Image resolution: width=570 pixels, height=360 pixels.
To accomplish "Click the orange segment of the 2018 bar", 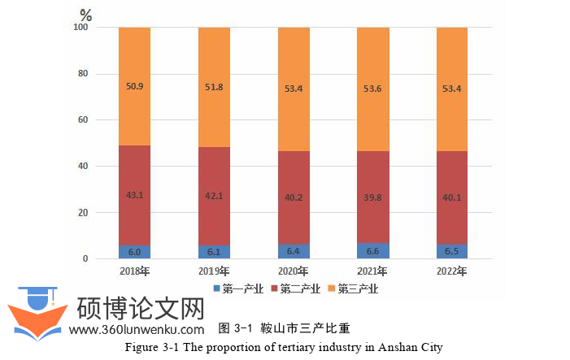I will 134,86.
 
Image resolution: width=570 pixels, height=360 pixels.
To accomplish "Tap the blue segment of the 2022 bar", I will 452,252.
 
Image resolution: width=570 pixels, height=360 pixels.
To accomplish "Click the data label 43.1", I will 134,195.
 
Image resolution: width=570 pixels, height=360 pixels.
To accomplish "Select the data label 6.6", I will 373,252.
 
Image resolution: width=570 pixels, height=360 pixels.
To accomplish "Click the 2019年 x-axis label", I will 214,271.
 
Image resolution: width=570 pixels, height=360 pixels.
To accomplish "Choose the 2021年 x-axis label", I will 373,271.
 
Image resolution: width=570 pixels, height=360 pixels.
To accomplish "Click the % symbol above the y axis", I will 86,15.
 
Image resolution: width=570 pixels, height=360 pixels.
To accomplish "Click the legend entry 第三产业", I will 355,288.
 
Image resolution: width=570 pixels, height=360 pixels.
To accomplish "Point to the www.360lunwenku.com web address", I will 137,330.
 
